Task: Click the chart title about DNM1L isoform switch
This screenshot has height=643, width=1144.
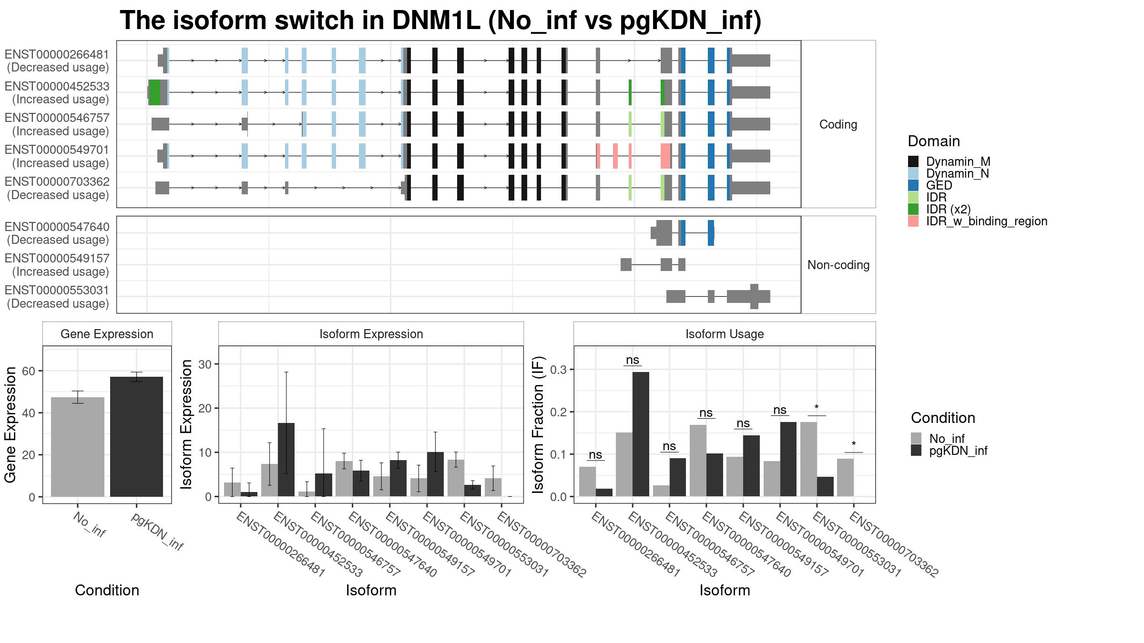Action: pos(440,20)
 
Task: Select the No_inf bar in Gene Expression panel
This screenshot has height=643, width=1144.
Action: pos(78,447)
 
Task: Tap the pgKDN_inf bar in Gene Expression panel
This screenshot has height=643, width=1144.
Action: pos(136,437)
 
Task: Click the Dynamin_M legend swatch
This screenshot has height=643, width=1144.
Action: pos(913,161)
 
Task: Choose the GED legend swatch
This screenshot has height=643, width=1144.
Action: pos(913,185)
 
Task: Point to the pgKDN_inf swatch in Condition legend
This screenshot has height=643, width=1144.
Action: pos(916,451)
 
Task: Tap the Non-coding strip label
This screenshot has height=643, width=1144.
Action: pos(838,265)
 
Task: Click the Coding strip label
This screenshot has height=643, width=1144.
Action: pos(838,124)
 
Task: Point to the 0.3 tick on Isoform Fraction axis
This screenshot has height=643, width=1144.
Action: pos(559,370)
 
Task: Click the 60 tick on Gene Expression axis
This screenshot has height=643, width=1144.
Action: pos(29,371)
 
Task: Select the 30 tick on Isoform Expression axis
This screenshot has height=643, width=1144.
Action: pos(204,364)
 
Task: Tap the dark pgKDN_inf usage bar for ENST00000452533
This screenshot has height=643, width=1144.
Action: pos(641,434)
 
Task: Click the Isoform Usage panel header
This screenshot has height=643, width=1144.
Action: pos(725,334)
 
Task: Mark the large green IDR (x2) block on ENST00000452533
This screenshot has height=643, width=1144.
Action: pos(154,92)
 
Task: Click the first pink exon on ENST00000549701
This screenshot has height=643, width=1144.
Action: pos(598,156)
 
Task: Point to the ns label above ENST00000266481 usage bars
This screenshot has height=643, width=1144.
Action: pos(595,454)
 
